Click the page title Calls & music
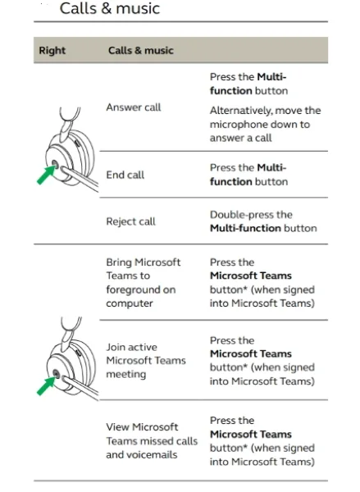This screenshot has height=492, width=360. coord(110,8)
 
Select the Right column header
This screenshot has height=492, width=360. coord(52,50)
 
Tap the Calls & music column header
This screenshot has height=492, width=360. coord(140,50)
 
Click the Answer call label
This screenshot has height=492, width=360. coord(134,107)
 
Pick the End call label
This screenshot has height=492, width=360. coord(125,175)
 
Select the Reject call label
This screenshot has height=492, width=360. coord(130,221)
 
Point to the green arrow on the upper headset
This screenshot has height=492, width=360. coord(46,175)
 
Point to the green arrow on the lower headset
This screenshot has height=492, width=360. coord(46,386)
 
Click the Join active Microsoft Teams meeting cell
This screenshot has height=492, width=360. coord(146,361)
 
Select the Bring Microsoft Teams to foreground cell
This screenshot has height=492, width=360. coord(144,283)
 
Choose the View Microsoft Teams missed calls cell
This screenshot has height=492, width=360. coord(152,441)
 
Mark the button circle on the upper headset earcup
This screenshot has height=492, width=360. coord(55,164)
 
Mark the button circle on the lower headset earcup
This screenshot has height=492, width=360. coord(56,373)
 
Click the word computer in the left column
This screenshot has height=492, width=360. coord(130,303)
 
